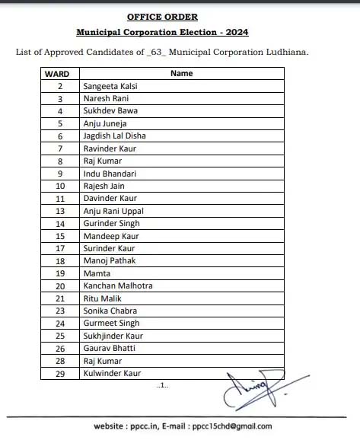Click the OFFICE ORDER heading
coord(162,15)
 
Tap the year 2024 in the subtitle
coord(234,32)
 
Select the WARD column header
coord(57,74)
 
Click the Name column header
coord(181,74)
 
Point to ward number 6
coord(59,136)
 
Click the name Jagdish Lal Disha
coord(114,136)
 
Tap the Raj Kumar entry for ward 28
coord(102,361)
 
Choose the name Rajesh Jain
coord(104,186)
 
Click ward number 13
coord(59,211)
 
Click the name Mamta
coord(97,273)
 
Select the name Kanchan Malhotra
coord(118,285)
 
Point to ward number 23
coord(59,311)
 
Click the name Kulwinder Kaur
coord(112,373)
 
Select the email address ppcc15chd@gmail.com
coord(231,426)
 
